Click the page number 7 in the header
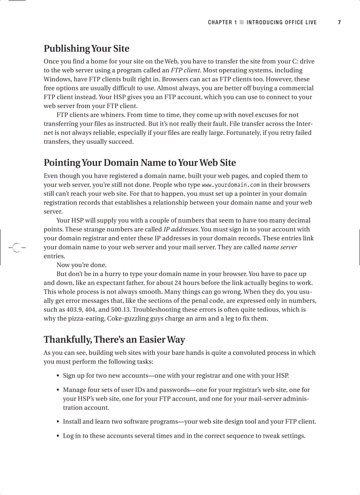(x=339, y=22)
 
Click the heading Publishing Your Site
(x=86, y=48)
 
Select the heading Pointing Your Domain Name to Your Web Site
(x=139, y=163)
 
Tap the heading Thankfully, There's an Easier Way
(x=114, y=340)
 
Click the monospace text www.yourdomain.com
(x=230, y=185)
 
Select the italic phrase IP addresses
(x=181, y=229)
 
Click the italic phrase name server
(x=280, y=247)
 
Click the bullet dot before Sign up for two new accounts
(x=58, y=376)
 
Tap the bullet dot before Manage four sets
(x=58, y=390)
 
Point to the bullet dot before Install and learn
(x=58, y=422)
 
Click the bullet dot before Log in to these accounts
(x=58, y=436)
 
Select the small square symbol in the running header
(x=241, y=22)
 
